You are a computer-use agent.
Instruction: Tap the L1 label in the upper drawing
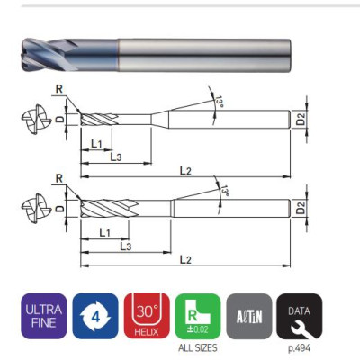tap(95, 144)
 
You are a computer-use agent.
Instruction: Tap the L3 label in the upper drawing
tap(117, 157)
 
